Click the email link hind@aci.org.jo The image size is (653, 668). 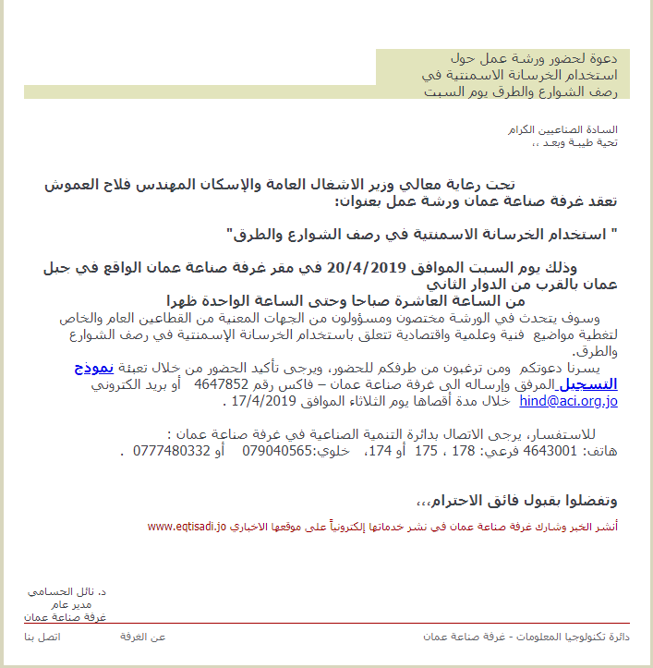[x=568, y=402]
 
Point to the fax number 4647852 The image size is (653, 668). [x=219, y=384]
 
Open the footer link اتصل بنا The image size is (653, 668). [x=42, y=638]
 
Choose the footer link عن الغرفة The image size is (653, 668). [x=143, y=638]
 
